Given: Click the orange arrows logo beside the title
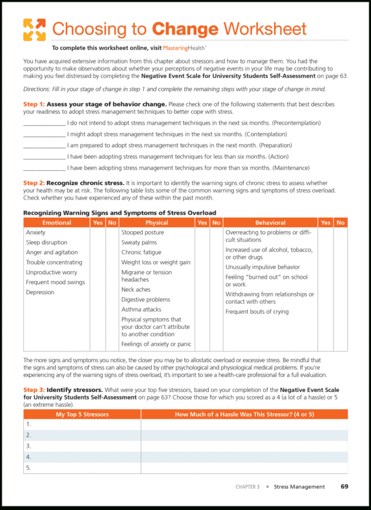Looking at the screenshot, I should (34, 30).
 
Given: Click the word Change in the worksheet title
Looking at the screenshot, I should (185, 29).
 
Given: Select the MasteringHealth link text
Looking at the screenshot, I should (184, 48).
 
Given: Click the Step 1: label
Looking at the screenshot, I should (34, 104).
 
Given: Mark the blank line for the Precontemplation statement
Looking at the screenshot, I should (44, 123).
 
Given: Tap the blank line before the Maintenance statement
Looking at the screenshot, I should (44, 168).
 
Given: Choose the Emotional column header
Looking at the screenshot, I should (57, 223).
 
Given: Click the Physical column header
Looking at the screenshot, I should (156, 223).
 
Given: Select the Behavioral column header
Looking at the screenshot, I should (270, 223).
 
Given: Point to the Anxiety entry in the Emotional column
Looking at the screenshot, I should (36, 232).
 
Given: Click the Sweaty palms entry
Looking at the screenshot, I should (139, 243).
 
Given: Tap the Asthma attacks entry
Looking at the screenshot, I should (141, 309).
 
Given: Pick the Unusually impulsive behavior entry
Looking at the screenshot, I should (262, 267).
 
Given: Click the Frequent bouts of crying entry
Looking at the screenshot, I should (257, 312).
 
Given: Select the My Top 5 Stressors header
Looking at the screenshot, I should (82, 414).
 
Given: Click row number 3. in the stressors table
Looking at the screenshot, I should (29, 446).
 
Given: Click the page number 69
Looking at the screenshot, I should (344, 487).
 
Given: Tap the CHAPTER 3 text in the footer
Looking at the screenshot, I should (247, 487).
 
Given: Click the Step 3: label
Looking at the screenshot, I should (34, 390).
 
